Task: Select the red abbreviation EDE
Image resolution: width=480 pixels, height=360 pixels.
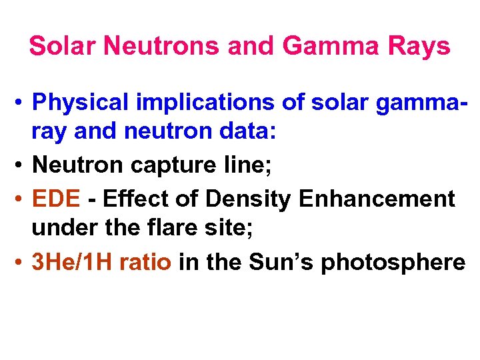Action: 57,198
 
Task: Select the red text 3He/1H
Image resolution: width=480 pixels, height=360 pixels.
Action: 73,262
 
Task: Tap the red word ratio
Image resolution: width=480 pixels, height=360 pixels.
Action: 147,262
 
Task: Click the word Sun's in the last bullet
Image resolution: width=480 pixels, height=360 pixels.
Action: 273,262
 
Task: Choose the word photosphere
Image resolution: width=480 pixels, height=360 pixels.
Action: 393,262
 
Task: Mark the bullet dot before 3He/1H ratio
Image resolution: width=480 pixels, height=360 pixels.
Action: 21,263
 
